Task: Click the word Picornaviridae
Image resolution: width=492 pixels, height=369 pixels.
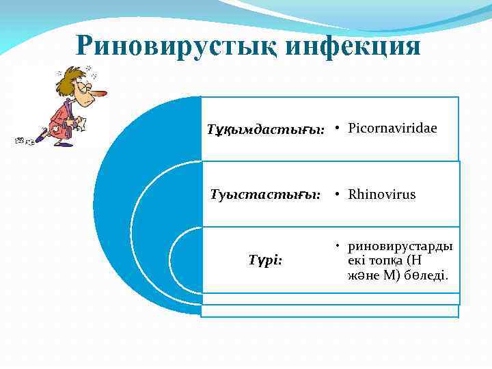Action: coord(392,128)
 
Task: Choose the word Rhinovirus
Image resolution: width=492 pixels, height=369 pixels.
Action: coord(381,195)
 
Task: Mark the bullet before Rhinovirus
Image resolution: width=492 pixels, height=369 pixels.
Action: coord(338,195)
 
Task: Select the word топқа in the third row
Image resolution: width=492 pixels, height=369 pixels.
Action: coord(382,260)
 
